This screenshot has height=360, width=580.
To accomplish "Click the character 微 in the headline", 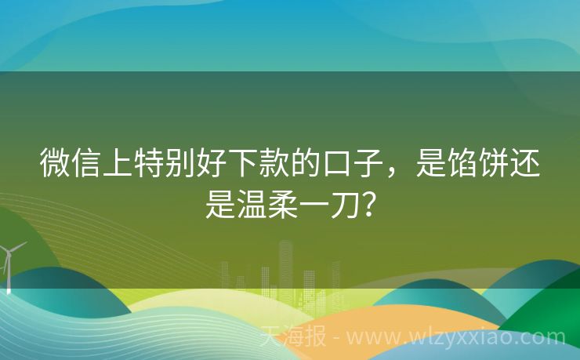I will pos(53,162).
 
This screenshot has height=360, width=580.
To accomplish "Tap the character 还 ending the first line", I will pos(527,162).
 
